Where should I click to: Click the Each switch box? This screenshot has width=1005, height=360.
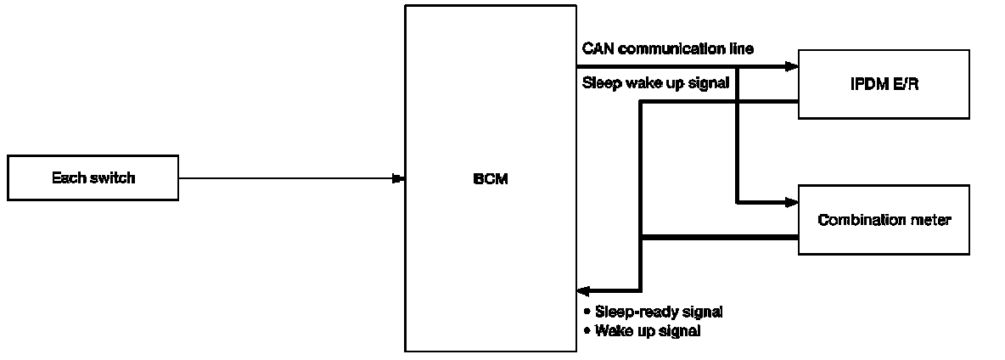(93, 177)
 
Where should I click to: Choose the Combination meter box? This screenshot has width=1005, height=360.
(883, 220)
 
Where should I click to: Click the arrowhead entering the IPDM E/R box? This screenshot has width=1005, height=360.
(793, 66)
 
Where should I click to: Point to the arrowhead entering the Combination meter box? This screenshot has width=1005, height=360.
(793, 202)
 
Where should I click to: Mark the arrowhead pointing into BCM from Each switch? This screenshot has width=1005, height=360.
(397, 178)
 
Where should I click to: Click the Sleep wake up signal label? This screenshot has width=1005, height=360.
(656, 83)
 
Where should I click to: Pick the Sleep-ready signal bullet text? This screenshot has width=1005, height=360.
(659, 312)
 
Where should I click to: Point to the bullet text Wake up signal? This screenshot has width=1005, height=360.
(648, 331)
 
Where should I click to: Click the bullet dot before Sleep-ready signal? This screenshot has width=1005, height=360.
(587, 312)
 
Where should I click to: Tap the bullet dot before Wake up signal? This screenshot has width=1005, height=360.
(587, 331)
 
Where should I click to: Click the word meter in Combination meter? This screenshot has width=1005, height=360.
(933, 220)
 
